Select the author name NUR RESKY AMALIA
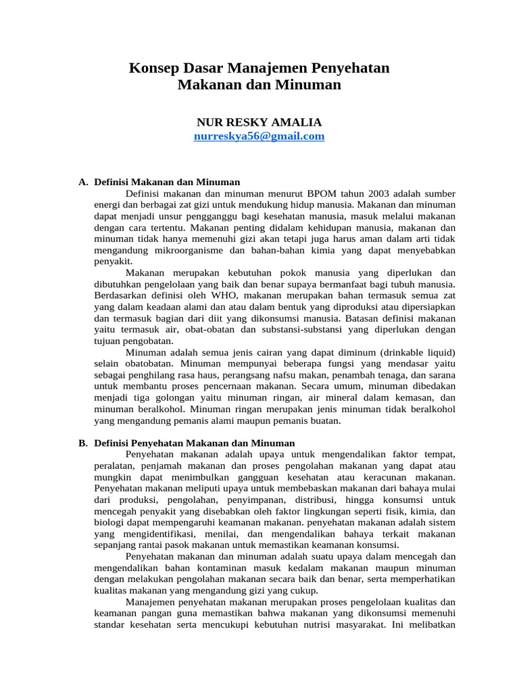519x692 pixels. (259, 122)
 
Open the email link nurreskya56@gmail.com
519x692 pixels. (259, 137)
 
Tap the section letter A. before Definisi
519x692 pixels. (83, 182)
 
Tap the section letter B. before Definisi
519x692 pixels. (83, 443)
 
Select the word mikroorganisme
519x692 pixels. (184, 249)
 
